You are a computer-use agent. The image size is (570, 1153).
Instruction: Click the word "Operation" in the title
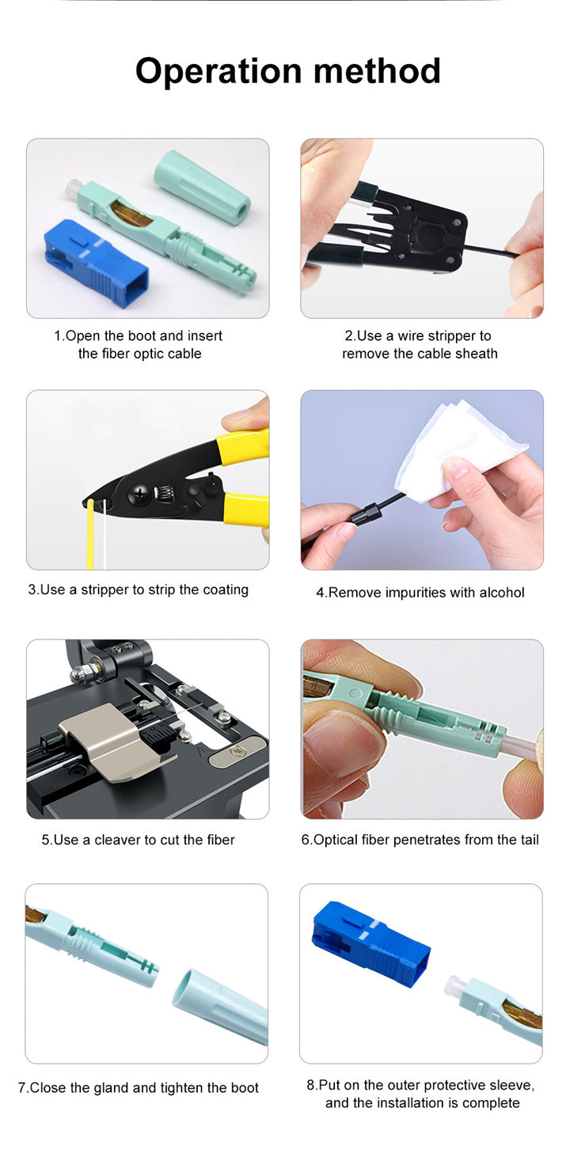point(218,71)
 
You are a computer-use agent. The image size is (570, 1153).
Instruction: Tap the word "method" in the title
point(377,70)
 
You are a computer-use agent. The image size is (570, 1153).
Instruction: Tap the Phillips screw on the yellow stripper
point(141,495)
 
